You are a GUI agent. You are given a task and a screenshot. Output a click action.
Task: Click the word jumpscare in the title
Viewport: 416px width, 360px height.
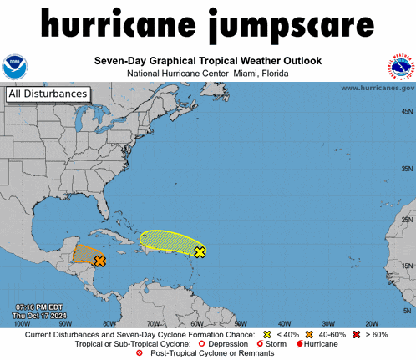(285, 27)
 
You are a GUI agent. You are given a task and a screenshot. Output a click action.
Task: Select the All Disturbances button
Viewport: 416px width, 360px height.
(47, 94)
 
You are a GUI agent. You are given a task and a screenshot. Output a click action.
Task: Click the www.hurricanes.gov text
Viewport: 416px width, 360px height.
(377, 87)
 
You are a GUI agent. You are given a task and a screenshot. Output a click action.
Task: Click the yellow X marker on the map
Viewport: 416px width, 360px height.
(200, 251)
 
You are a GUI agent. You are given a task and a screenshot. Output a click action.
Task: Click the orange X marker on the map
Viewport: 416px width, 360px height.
(100, 261)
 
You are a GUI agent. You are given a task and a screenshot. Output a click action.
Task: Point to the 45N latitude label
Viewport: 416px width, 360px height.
(407, 111)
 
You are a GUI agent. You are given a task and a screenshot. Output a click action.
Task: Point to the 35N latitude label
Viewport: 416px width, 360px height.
(407, 169)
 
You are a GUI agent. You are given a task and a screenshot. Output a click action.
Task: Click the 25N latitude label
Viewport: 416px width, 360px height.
(407, 220)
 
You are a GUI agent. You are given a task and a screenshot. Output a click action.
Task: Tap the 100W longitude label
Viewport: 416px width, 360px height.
(23, 323)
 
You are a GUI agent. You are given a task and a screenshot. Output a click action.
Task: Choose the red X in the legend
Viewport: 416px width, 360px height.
(357, 334)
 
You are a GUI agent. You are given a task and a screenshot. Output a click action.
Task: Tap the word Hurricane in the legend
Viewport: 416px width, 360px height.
(321, 344)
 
